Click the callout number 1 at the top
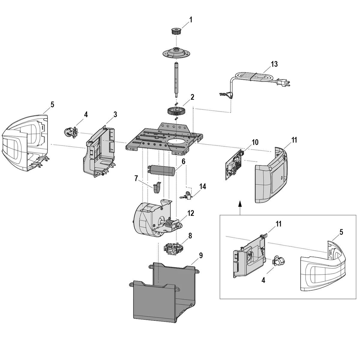tap(191, 20)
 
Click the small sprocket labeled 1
tap(175, 31)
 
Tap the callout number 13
tap(274, 64)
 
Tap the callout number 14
tap(202, 187)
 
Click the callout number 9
tap(201, 255)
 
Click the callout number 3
tap(115, 114)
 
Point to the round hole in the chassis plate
tap(177, 142)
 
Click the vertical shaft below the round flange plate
tap(176, 79)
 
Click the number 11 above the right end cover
tap(294, 140)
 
